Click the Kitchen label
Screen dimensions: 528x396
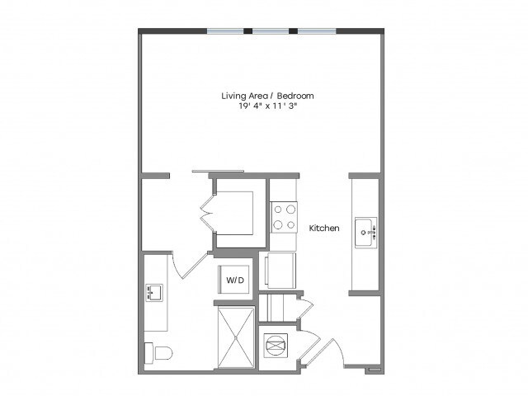tap(324, 228)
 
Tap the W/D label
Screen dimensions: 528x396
tap(234, 280)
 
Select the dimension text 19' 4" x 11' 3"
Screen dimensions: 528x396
tap(268, 106)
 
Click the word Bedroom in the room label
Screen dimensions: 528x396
tap(295, 96)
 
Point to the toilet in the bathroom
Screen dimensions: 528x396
tap(158, 353)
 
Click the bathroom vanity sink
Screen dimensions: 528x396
tap(154, 293)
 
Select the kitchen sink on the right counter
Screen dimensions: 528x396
tap(365, 233)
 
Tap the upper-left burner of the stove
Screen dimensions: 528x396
tap(278, 210)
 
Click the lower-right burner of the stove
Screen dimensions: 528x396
tap(290, 224)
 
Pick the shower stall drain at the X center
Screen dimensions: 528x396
tap(236, 337)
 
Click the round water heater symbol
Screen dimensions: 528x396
tap(276, 346)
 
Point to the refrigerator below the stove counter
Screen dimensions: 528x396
tap(280, 271)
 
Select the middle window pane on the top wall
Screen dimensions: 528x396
tap(271, 31)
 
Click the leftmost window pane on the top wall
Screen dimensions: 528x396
tap(225, 31)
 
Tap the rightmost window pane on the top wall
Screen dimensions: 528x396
tap(317, 31)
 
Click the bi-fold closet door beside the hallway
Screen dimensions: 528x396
tap(207, 213)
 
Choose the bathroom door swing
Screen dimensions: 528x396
tap(191, 266)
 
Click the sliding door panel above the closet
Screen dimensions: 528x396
tap(218, 171)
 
